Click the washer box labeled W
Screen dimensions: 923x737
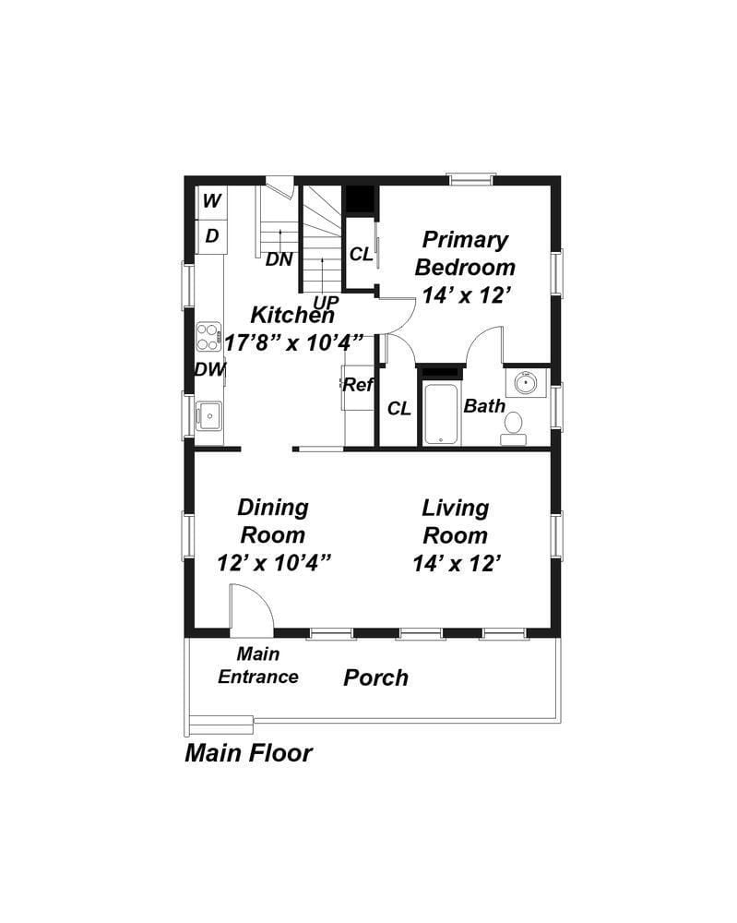(x=211, y=201)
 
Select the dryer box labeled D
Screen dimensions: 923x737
(x=211, y=236)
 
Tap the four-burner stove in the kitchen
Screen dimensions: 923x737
(x=208, y=337)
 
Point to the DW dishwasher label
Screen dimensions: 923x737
(x=210, y=369)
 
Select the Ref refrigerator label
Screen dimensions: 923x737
(x=358, y=385)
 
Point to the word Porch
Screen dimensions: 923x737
(x=375, y=678)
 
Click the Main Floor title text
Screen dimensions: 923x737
(x=248, y=753)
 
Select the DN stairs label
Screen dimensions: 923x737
(x=279, y=259)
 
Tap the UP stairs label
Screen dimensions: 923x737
(x=326, y=302)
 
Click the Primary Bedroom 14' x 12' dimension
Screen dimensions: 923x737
(x=466, y=295)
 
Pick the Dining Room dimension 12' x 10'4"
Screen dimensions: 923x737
(x=274, y=563)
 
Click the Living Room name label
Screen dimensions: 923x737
(x=456, y=521)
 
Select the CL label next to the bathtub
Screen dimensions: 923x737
(x=398, y=408)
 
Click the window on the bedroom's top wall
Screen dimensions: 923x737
(x=470, y=179)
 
